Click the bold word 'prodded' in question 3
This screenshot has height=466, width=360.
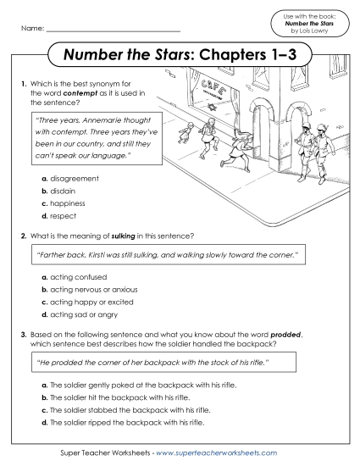coord(278,336)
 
